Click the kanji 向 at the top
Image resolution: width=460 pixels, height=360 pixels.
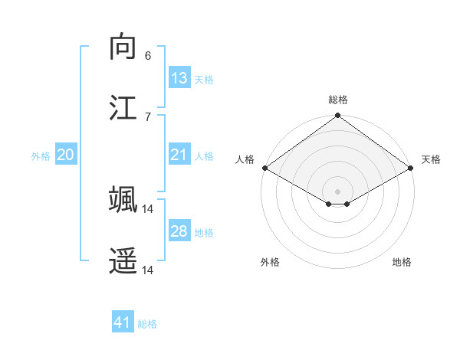[x=123, y=47]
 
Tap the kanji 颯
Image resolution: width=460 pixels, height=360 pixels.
[x=123, y=200]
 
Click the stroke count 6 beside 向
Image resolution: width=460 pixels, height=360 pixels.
[x=148, y=55]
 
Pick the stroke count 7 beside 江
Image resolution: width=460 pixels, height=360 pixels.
[x=148, y=116]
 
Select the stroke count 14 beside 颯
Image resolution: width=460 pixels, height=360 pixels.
[x=148, y=208]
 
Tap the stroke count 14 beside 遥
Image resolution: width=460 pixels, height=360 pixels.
[x=148, y=270]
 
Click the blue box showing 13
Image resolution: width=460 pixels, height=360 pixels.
[x=179, y=78]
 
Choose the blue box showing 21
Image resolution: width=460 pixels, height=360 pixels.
[x=179, y=155]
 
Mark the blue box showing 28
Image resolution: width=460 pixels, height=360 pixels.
[x=179, y=231]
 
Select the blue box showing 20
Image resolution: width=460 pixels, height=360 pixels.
[x=66, y=155]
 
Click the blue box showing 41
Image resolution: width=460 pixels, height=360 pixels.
[x=123, y=322]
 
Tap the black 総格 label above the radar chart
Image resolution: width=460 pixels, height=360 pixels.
[x=338, y=100]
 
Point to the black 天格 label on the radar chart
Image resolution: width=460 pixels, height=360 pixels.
[x=432, y=159]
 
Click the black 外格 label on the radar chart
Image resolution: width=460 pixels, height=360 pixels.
[x=270, y=262]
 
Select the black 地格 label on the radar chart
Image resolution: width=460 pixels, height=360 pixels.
[x=402, y=262]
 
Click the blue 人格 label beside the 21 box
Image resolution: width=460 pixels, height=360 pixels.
[x=204, y=155]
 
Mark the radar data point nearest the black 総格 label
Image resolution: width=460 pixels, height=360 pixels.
[x=337, y=116]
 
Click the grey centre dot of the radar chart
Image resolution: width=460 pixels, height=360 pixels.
[x=337, y=191]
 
